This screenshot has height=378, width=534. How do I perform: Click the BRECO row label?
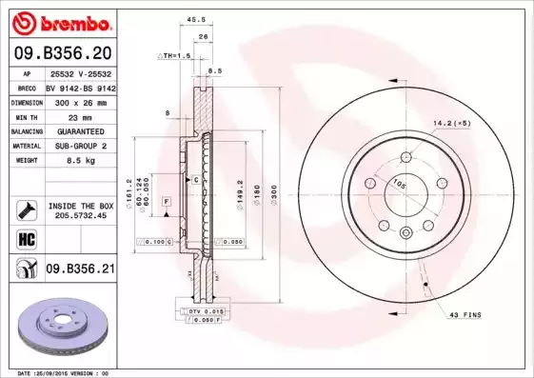tap(28, 86)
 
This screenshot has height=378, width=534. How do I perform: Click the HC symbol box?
tap(27, 238)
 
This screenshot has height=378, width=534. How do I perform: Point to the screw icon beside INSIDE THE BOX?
tap(27, 209)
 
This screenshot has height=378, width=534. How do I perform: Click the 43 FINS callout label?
tap(467, 314)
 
